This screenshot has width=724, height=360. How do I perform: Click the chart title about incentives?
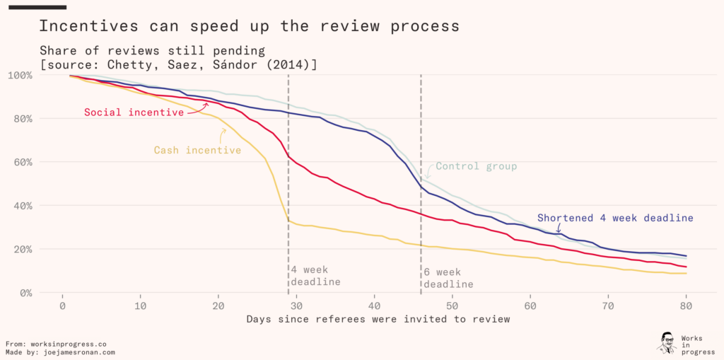click(x=249, y=27)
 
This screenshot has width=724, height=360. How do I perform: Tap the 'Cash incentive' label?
click(x=197, y=150)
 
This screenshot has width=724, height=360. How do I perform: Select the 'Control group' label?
click(x=476, y=167)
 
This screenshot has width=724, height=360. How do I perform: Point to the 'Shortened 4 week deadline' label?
click(x=615, y=218)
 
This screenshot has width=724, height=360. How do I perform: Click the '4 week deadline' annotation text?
click(x=315, y=276)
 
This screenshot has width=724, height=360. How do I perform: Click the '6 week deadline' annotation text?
click(x=448, y=278)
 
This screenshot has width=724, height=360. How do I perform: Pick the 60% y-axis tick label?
click(x=23, y=162)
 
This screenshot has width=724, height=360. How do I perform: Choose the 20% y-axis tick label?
click(x=23, y=249)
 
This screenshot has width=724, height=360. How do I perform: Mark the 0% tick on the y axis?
click(x=26, y=293)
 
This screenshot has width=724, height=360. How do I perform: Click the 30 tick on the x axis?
click(x=297, y=306)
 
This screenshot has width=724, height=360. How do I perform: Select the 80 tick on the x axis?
click(x=686, y=306)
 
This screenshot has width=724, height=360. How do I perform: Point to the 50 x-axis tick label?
click(x=452, y=306)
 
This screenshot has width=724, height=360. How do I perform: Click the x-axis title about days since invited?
click(x=378, y=320)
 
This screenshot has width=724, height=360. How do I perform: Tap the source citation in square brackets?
click(x=178, y=64)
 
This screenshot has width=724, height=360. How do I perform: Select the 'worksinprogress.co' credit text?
click(x=73, y=343)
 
